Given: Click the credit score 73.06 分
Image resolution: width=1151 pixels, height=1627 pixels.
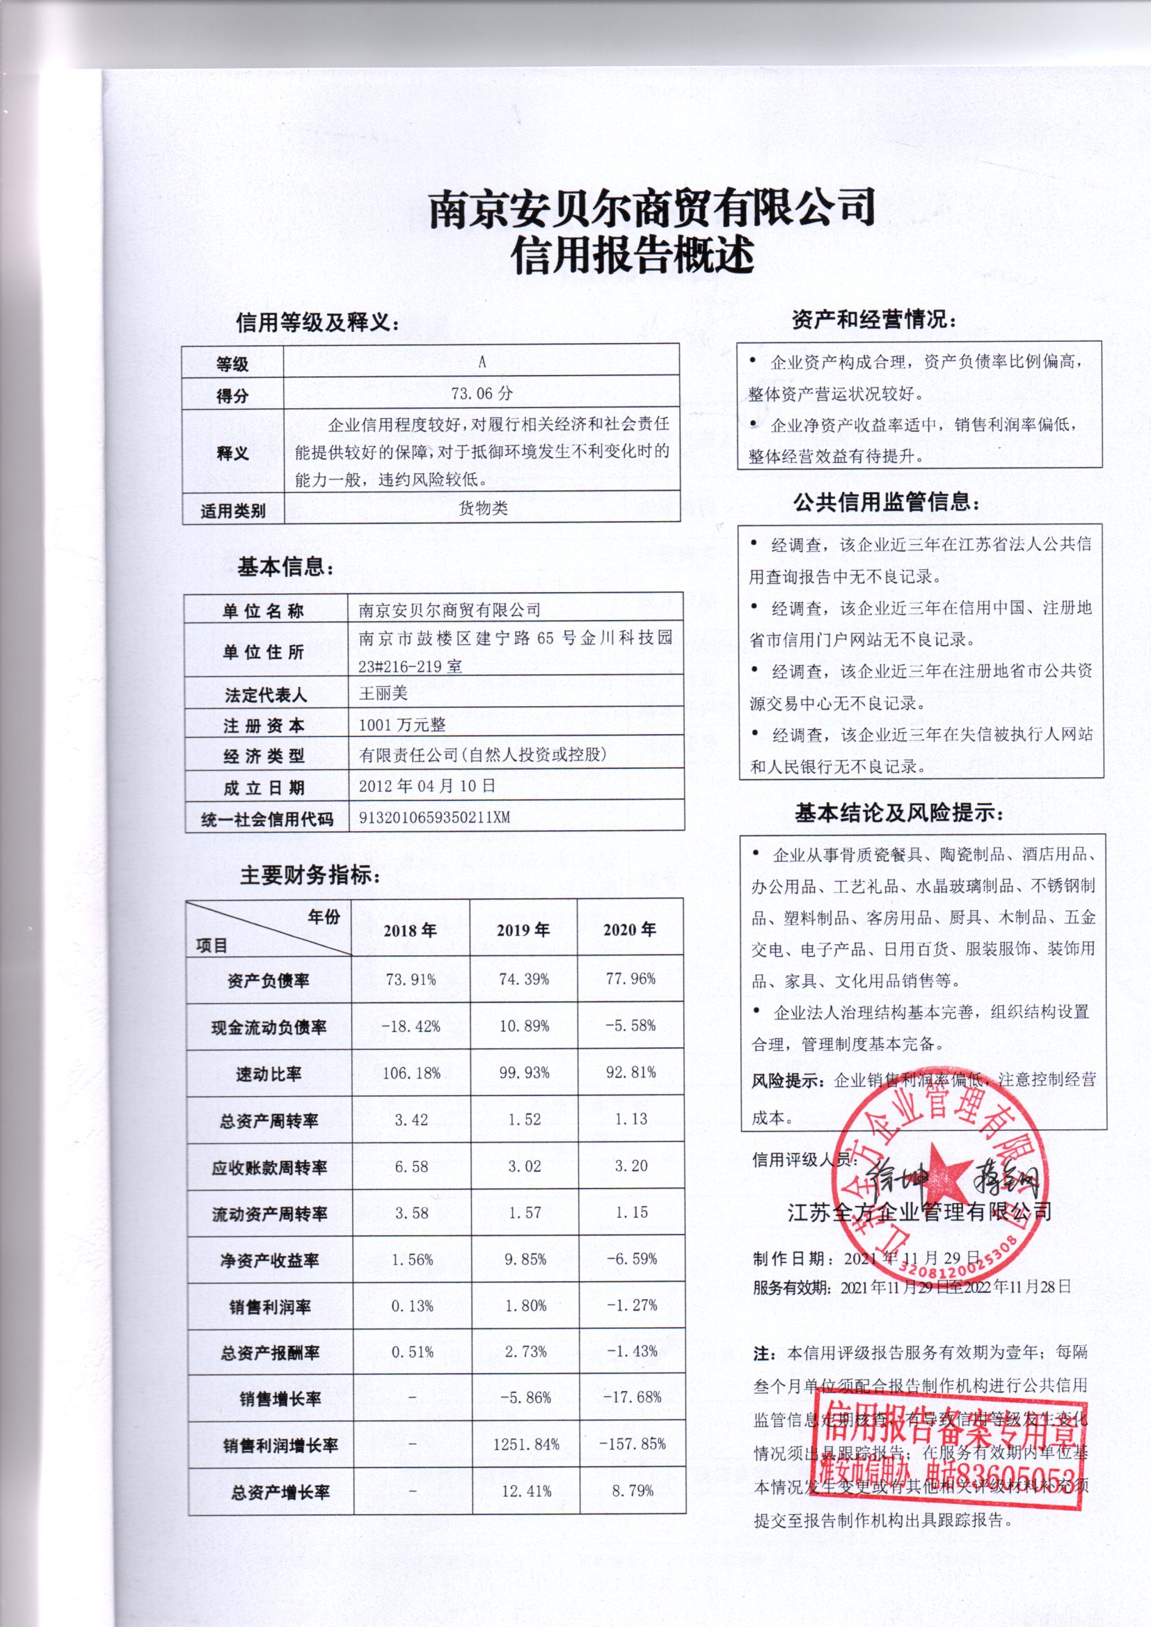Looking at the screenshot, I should pyautogui.click(x=482, y=393).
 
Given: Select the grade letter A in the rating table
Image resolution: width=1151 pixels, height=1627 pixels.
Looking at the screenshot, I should pyautogui.click(x=482, y=362).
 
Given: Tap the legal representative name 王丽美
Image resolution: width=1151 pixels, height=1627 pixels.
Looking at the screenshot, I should pyautogui.click(x=383, y=693).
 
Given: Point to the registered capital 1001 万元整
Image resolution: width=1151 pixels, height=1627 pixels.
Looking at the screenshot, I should pyautogui.click(x=402, y=724).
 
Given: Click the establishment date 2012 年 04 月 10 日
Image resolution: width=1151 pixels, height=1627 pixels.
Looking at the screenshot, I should pyautogui.click(x=427, y=786).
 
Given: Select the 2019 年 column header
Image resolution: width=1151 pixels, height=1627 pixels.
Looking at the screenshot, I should pyautogui.click(x=523, y=930).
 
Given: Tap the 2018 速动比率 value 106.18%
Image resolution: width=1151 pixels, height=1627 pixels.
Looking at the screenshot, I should pyautogui.click(x=411, y=1073).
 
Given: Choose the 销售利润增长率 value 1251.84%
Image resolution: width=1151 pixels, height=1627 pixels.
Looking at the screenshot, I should pyautogui.click(x=527, y=1443).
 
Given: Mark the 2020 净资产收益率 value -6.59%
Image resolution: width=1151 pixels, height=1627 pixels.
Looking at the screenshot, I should pyautogui.click(x=630, y=1258).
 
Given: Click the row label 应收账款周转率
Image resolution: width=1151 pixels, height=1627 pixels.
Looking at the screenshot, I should pyautogui.click(x=269, y=1167).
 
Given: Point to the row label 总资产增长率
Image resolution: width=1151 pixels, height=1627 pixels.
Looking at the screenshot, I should pyautogui.click(x=280, y=1492).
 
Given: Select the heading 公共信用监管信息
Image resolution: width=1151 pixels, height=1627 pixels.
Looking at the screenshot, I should pyautogui.click(x=887, y=503).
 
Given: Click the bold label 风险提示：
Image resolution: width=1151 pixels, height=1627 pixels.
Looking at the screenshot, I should pyautogui.click(x=789, y=1081).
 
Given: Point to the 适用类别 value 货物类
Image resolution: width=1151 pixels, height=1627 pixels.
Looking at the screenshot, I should pyautogui.click(x=483, y=508).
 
